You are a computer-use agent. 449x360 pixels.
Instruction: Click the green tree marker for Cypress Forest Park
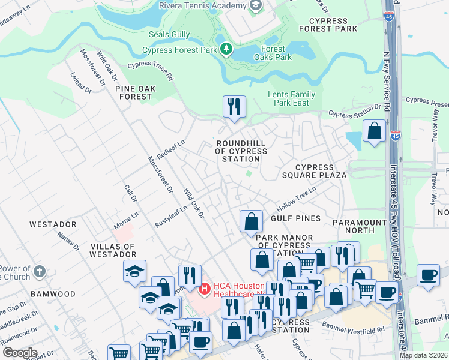(x=226, y=49)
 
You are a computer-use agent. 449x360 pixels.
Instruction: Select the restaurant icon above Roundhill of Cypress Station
(x=234, y=107)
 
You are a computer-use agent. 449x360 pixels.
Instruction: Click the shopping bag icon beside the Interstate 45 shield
(x=375, y=131)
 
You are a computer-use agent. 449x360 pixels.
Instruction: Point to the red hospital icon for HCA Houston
(x=205, y=289)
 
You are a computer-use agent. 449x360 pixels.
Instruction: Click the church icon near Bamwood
(x=40, y=271)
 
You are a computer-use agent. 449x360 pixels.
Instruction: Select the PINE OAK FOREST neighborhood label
(x=134, y=92)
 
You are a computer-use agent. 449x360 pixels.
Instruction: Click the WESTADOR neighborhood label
(x=53, y=224)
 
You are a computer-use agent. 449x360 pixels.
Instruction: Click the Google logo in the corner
(x=20, y=352)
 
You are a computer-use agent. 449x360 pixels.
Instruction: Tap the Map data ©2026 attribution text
(x=423, y=355)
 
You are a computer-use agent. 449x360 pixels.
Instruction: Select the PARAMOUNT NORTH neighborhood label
(x=360, y=226)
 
